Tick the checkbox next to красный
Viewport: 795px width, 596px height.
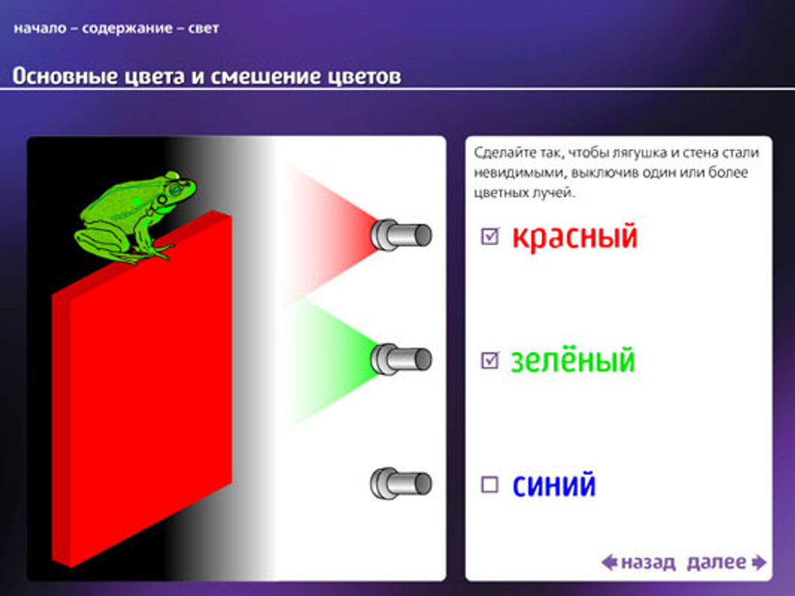491,236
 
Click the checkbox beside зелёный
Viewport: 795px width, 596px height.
491,361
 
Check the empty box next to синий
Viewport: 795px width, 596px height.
491,484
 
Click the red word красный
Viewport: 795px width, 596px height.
574,236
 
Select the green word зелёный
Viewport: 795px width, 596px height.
572,361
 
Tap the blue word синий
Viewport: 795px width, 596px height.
554,484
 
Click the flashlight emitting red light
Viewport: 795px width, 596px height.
401,234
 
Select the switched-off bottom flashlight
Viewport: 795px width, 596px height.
401,482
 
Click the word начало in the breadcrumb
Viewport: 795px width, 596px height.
39,29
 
